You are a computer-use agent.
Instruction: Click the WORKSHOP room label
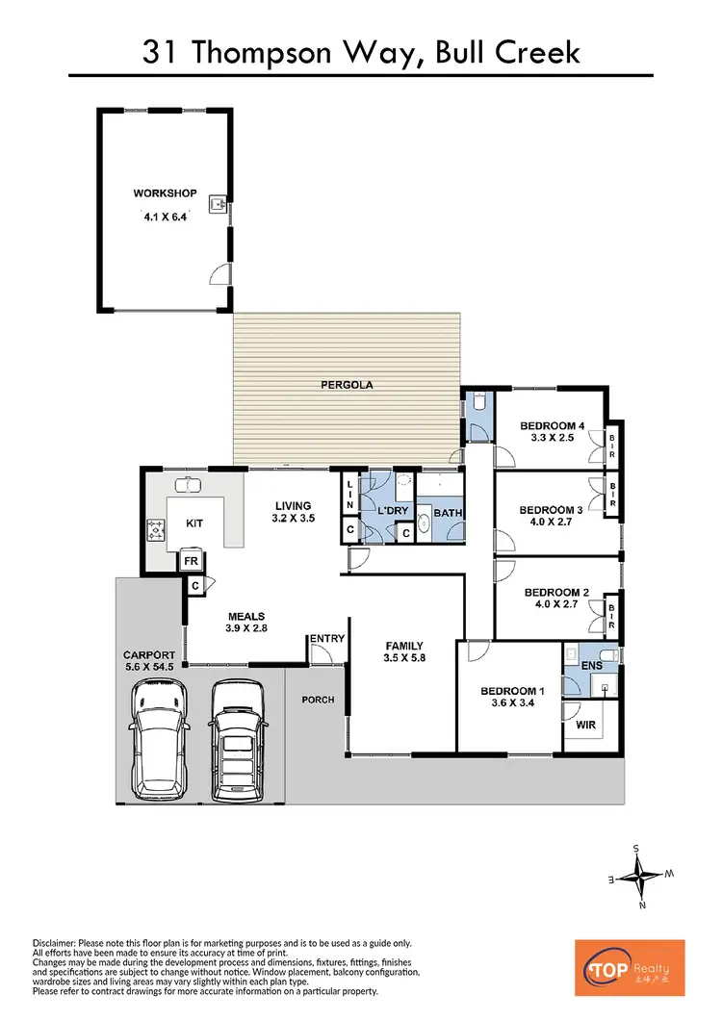coord(165,193)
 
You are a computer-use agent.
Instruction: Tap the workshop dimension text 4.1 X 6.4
coord(165,217)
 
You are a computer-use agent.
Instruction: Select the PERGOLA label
coord(347,385)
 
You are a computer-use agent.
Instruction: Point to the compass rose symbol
coord(640,877)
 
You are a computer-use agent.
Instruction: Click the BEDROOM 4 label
coord(553,426)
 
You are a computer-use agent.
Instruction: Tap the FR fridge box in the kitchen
coord(191,560)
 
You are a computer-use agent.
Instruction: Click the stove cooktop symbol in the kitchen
coord(155,526)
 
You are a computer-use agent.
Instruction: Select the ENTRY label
coord(325,638)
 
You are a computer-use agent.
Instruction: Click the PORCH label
coord(318,700)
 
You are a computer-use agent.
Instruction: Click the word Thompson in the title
coord(273,52)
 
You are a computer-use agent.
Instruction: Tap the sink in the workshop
coord(220,204)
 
